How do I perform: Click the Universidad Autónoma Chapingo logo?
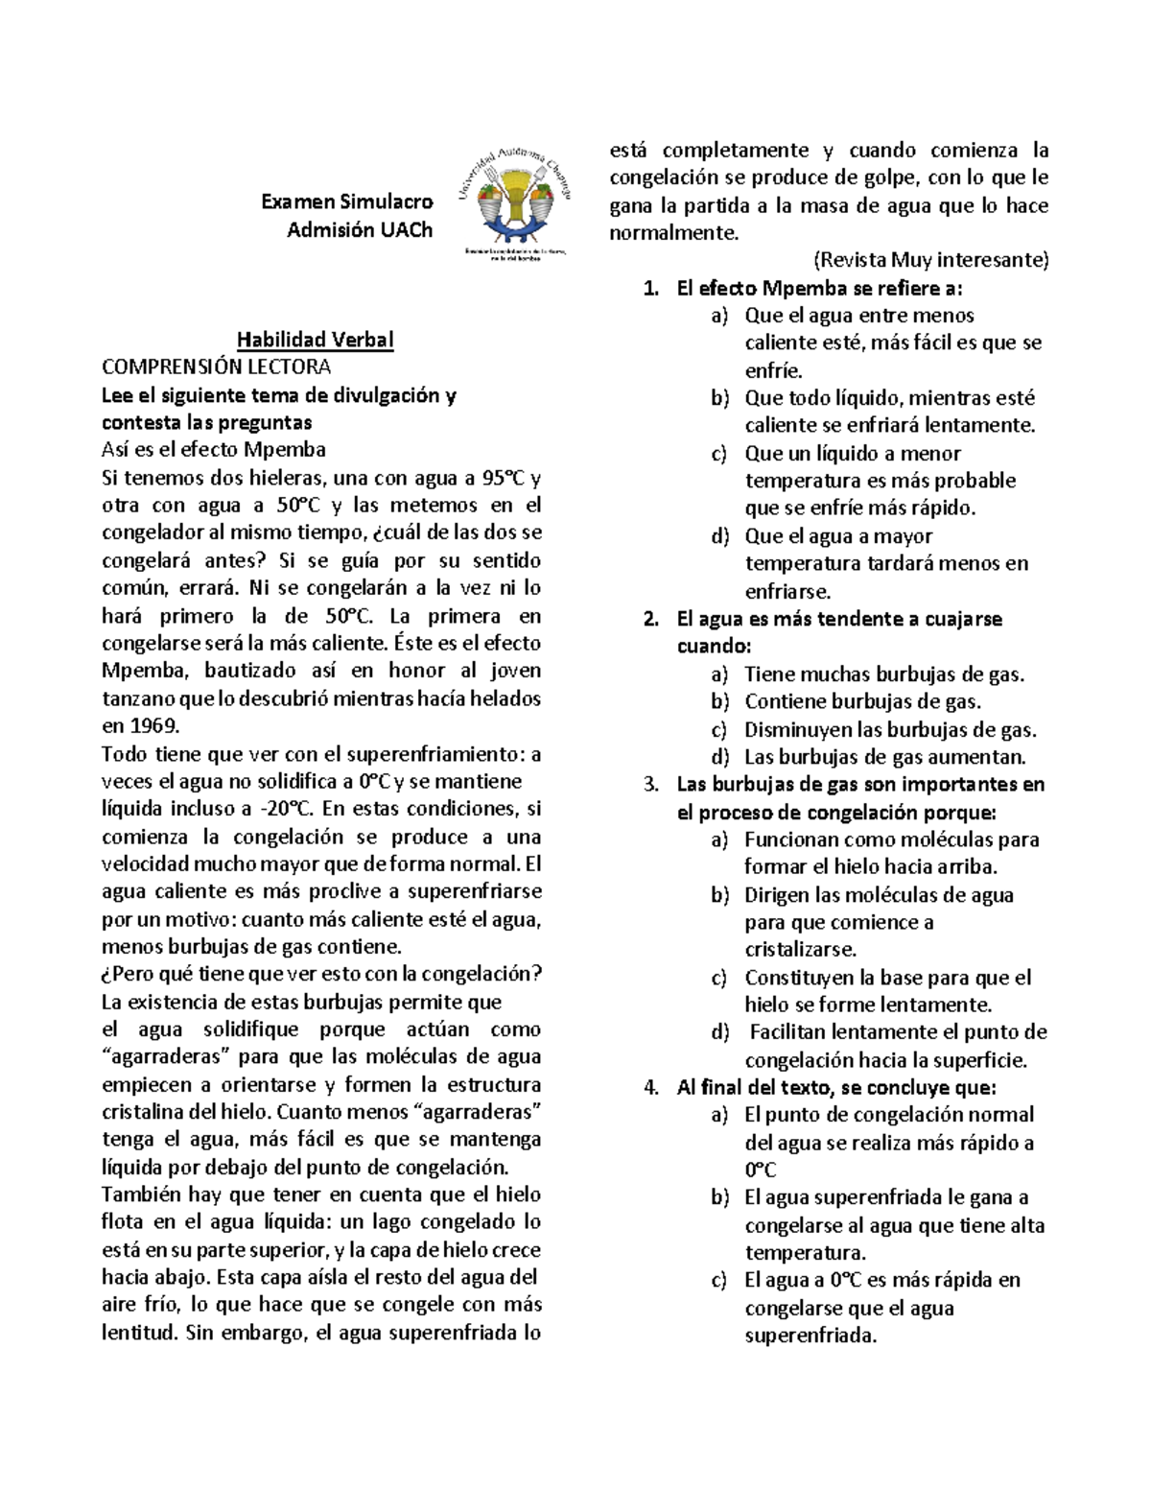point(519,204)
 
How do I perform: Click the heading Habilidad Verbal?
point(316,340)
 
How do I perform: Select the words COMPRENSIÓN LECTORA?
point(216,367)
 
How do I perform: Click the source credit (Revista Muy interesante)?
point(930,260)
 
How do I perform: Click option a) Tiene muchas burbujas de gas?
point(883,674)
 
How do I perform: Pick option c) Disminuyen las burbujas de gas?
point(890,730)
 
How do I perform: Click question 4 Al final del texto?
point(836,1088)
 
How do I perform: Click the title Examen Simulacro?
point(346,201)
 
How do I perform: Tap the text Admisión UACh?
point(360,230)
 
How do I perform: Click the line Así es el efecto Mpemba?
point(214,450)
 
